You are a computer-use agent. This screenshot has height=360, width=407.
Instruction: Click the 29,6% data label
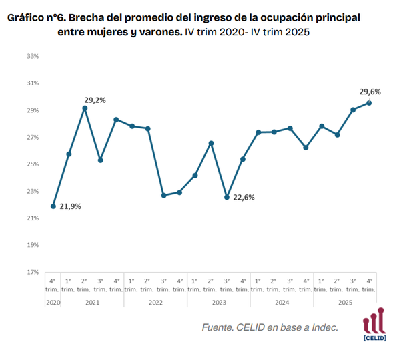(370, 92)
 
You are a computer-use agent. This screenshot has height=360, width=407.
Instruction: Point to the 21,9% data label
(70, 206)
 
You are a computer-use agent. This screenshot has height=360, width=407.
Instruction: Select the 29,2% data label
(95, 100)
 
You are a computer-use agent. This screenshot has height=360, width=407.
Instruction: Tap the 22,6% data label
(244, 197)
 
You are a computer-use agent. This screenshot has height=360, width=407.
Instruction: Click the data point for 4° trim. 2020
(53, 206)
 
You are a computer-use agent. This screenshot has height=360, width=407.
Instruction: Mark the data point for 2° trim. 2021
(85, 108)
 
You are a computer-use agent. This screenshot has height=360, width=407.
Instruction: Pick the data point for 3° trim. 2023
(227, 197)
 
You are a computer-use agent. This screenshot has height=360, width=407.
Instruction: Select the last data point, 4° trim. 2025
(369, 102)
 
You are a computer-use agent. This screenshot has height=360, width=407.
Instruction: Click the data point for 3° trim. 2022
(163, 195)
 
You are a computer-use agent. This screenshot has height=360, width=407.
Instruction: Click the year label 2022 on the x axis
(155, 302)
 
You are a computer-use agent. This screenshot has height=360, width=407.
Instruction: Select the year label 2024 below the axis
(282, 302)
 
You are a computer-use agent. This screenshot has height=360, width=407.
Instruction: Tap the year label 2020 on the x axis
(53, 302)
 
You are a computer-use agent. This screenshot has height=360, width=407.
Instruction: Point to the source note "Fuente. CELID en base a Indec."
(270, 327)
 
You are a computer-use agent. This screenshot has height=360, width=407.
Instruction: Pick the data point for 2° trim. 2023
(211, 143)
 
